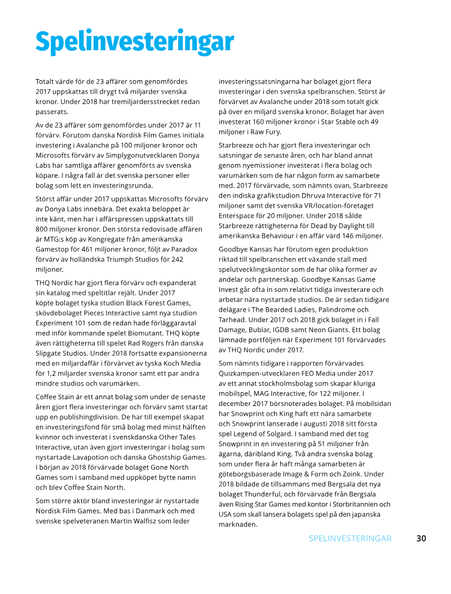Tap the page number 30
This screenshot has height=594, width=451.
click(421, 538)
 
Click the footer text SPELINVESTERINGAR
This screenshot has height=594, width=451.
click(350, 538)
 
